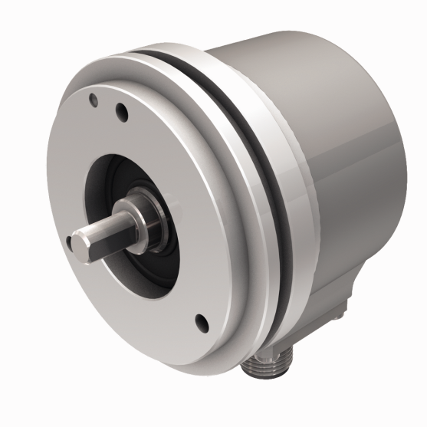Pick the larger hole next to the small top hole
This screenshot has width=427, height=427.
120,112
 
